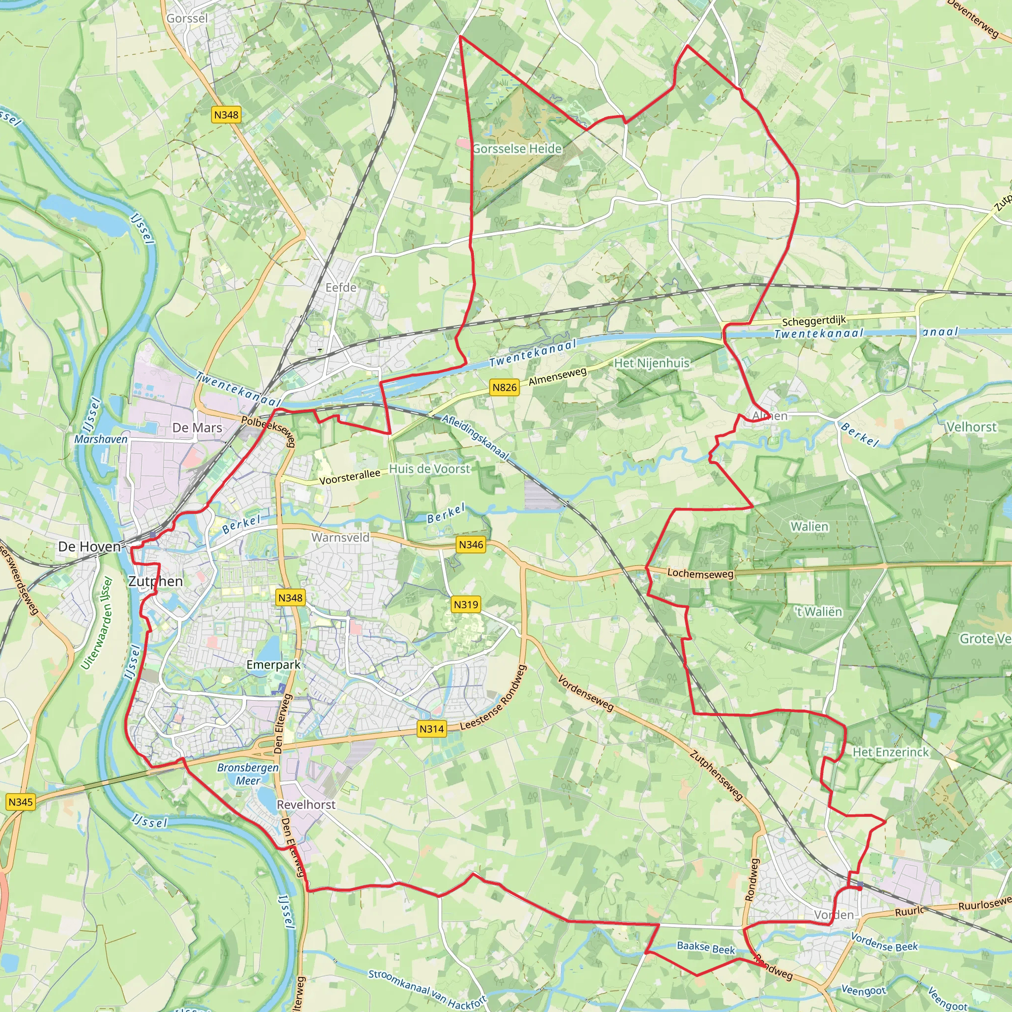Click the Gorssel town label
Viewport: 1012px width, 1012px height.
coord(187,19)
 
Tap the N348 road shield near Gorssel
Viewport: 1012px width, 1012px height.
coord(226,115)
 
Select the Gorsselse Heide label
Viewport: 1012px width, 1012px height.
coord(517,149)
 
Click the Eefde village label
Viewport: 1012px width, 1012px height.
coord(341,288)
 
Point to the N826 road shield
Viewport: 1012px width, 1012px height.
coord(505,387)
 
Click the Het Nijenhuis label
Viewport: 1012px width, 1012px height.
coord(651,363)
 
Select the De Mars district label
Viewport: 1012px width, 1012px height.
coord(197,428)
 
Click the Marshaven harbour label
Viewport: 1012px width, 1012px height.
coord(101,439)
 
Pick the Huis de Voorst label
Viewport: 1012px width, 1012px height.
coord(429,469)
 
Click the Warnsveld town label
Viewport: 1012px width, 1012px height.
coord(340,538)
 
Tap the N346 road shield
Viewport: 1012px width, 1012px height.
coord(471,545)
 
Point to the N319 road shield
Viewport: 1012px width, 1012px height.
coord(465,604)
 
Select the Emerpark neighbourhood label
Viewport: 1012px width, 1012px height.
coord(273,665)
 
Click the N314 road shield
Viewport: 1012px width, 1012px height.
coord(431,729)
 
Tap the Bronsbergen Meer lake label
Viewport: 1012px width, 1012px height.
coord(248,774)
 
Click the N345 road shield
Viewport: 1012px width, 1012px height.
coord(21,802)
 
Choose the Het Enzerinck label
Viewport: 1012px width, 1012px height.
coord(890,752)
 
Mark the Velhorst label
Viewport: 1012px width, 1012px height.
coord(971,427)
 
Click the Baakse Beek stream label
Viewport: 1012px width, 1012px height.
coord(706,948)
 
